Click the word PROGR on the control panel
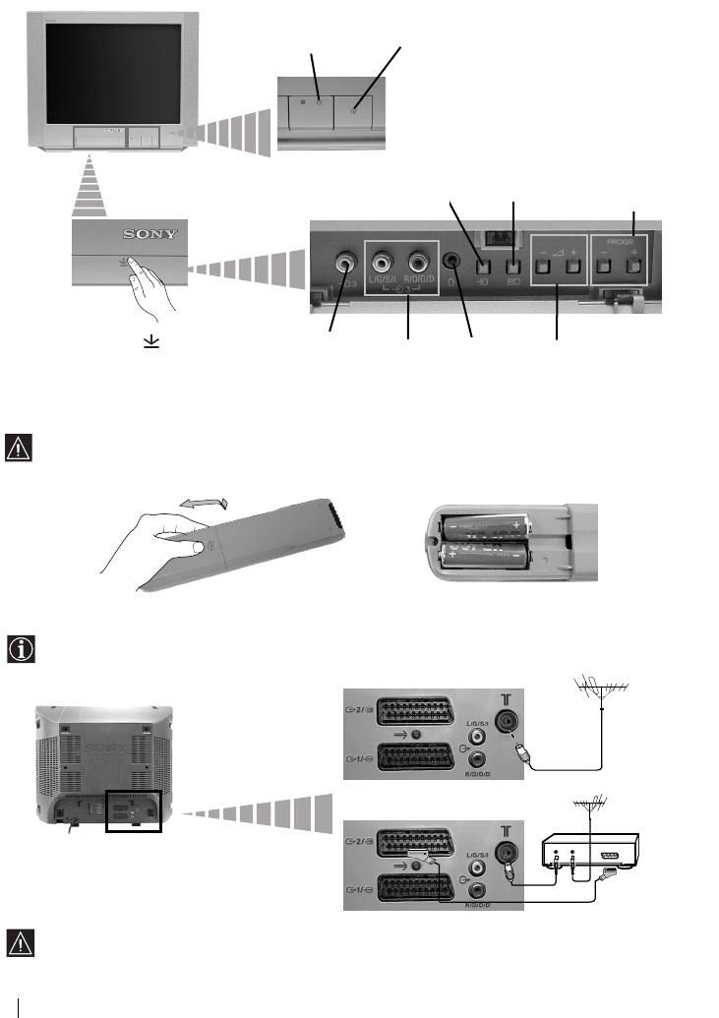point(619,238)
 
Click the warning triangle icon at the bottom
point(20,942)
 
